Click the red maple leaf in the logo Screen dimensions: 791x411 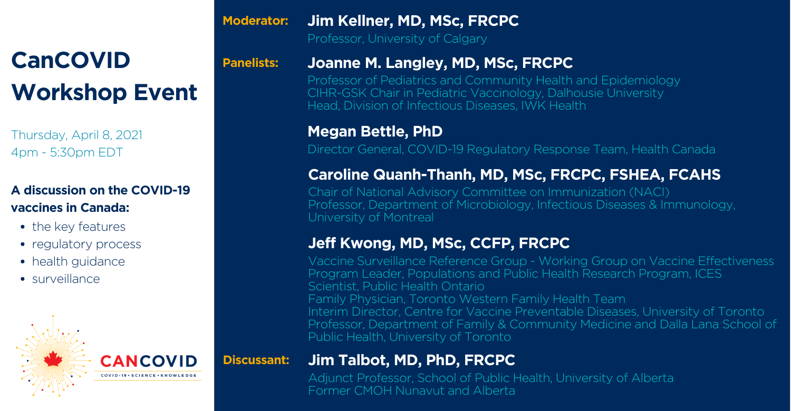[53, 359]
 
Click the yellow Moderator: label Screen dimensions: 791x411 [255, 21]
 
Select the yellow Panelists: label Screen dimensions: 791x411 [250, 63]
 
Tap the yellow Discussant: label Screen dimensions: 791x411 [256, 360]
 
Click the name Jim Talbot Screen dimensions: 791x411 [348, 360]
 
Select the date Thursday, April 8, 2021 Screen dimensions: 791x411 [76, 135]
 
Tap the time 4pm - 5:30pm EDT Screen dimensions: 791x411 [67, 152]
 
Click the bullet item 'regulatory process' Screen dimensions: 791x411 [86, 244]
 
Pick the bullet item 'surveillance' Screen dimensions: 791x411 [66, 279]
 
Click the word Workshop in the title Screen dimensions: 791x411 [69, 92]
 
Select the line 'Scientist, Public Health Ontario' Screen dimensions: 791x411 [396, 287]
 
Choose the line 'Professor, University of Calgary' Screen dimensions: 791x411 [397, 39]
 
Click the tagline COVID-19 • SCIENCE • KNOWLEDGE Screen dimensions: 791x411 [149, 375]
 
